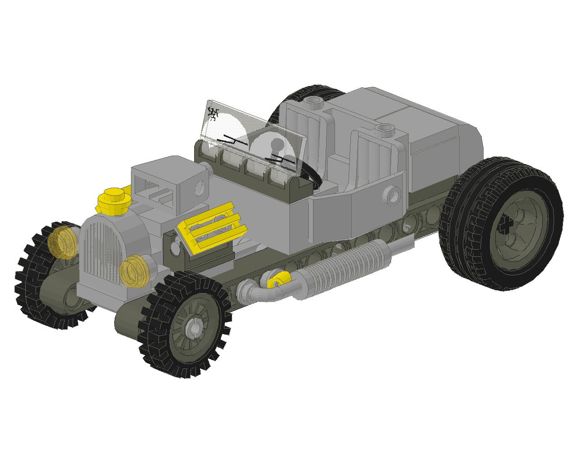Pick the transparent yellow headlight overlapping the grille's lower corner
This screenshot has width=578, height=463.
click(134, 270)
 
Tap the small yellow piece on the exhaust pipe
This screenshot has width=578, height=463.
click(277, 281)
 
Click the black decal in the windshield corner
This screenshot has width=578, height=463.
click(212, 113)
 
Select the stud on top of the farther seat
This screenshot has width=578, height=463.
click(314, 101)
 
